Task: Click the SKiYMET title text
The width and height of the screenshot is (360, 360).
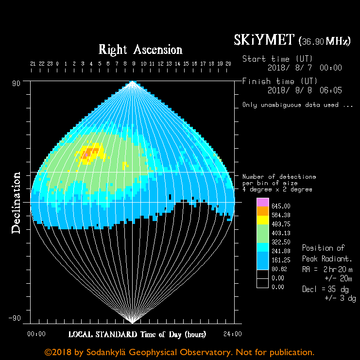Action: (264, 40)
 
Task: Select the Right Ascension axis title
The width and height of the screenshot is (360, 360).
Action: (140, 50)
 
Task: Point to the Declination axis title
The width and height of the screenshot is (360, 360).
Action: (17, 203)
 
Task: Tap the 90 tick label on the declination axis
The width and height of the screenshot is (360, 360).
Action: (17, 83)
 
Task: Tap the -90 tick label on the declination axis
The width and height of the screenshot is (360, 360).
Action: (16, 318)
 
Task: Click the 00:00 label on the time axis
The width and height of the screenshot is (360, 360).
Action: (36, 334)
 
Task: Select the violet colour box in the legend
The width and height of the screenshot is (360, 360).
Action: (262, 203)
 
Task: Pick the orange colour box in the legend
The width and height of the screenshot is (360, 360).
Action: (262, 211)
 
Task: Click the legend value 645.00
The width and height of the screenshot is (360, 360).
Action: (281, 206)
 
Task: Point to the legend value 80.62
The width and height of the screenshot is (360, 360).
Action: (281, 269)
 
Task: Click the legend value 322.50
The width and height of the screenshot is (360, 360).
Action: (281, 242)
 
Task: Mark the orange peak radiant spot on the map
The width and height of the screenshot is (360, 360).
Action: (87, 154)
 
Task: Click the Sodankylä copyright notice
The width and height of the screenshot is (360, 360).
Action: (179, 352)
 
